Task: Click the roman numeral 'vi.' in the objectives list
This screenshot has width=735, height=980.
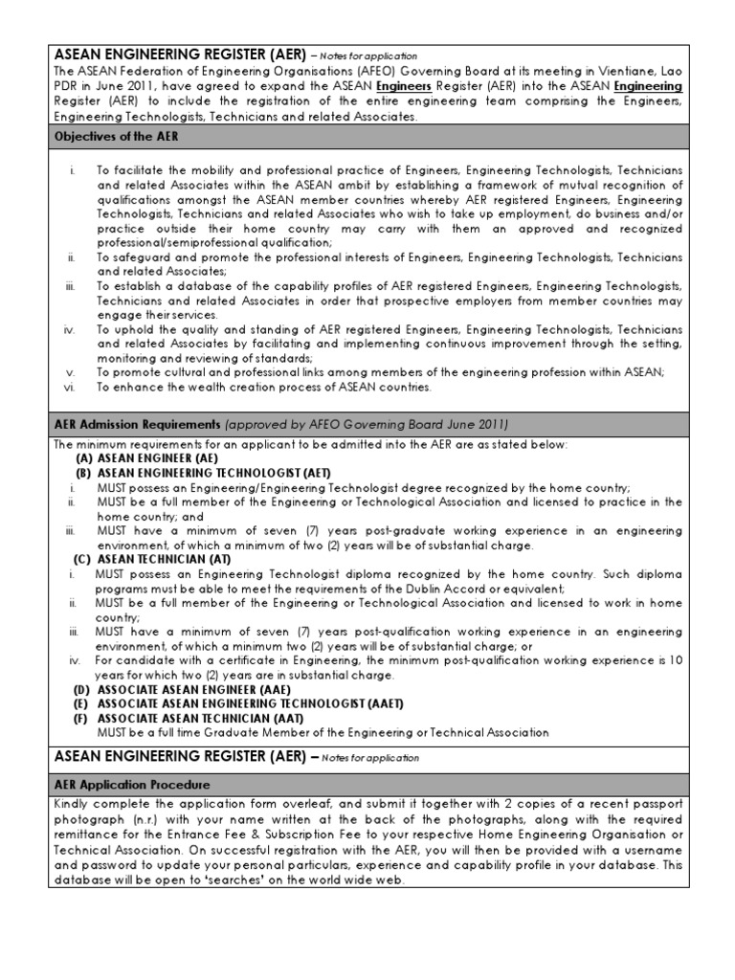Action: tap(70, 388)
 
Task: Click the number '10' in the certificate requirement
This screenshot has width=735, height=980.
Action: tap(676, 660)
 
